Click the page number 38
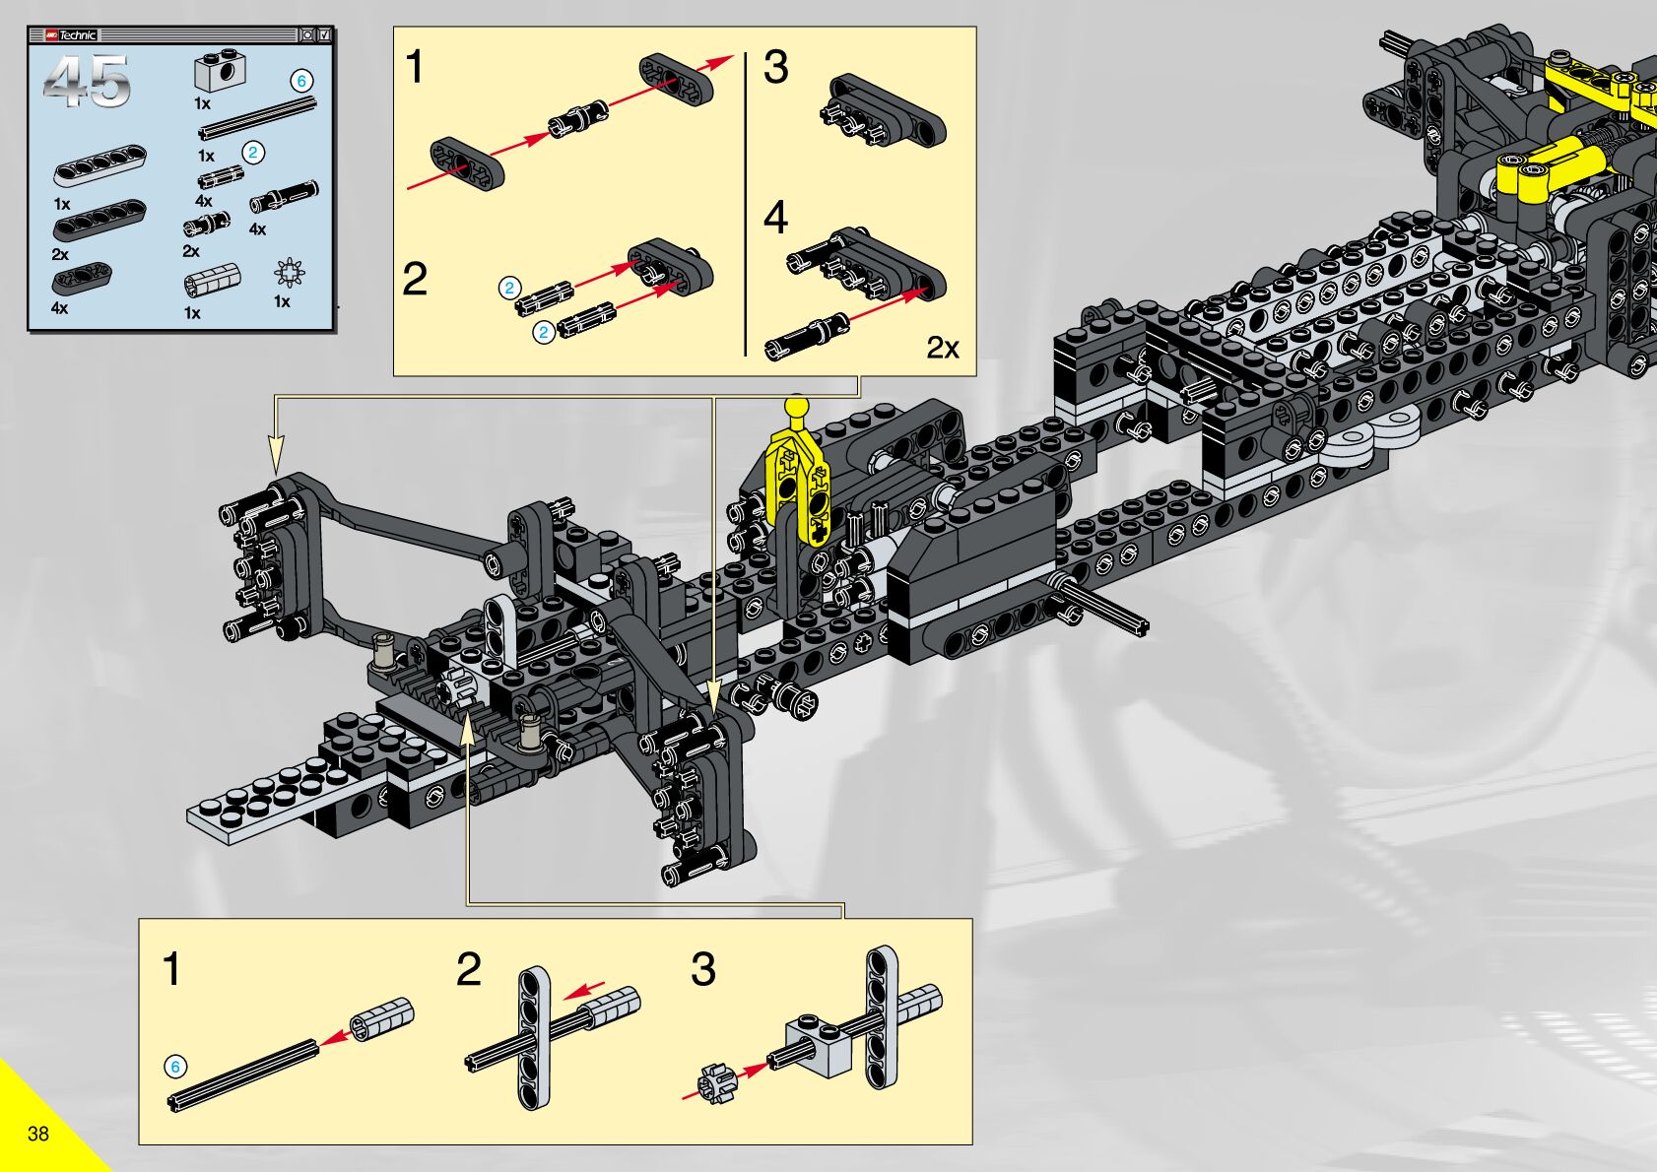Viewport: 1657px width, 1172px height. pos(38,1134)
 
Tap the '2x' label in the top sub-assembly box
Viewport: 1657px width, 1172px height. pos(942,348)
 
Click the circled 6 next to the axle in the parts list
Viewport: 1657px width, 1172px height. pos(301,81)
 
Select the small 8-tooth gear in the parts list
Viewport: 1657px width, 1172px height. pos(289,272)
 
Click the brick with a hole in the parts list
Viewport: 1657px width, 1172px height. pos(220,70)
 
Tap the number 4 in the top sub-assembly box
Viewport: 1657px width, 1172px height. pos(776,218)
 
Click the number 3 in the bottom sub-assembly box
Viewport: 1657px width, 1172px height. pos(702,969)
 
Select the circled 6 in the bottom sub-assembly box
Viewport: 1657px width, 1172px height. pos(175,1067)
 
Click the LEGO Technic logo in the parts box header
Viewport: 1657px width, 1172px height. pos(71,35)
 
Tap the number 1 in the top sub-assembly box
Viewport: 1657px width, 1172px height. pos(415,68)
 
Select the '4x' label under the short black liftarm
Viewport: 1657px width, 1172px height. pos(59,308)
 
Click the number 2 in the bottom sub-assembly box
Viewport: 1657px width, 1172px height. pos(469,969)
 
